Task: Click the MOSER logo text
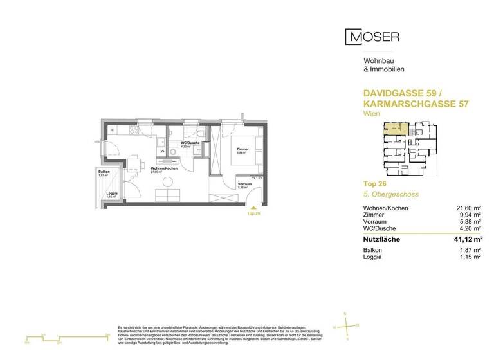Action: (372, 37)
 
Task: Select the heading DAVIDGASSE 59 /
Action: (398, 93)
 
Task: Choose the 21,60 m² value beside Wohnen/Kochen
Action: (467, 208)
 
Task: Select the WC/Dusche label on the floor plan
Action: (188, 143)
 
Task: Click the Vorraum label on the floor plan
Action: (244, 184)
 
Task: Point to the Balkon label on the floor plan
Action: (103, 172)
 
